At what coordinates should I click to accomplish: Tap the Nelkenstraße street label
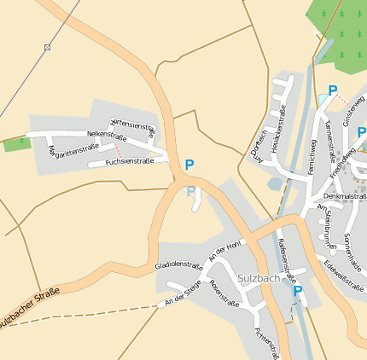(108, 135)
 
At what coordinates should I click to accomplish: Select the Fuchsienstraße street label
(129, 161)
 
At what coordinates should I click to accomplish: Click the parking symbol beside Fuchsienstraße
(189, 165)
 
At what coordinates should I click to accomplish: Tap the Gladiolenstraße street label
(178, 266)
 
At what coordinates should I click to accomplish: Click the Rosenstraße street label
(224, 292)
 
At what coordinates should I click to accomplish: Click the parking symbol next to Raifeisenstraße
(298, 291)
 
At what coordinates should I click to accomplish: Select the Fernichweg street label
(313, 156)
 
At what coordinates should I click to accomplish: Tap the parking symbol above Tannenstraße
(333, 90)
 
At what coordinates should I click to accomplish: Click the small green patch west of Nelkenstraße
(16, 144)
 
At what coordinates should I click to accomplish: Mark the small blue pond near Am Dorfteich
(274, 183)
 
